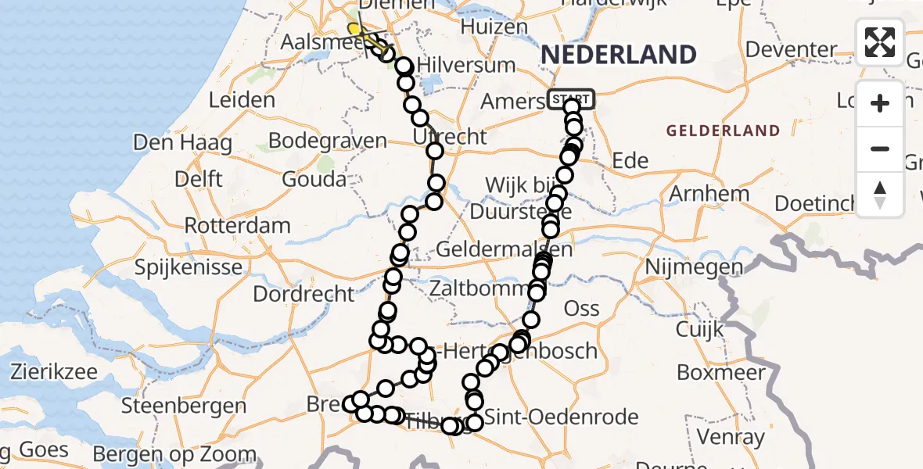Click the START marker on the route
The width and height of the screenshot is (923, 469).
(x=571, y=99)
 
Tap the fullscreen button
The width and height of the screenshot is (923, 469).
(x=880, y=42)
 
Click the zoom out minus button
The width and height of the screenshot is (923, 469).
(x=880, y=149)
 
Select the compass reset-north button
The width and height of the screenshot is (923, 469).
(x=880, y=195)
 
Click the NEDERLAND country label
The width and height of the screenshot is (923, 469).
(x=618, y=55)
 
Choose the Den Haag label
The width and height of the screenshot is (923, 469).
(x=182, y=143)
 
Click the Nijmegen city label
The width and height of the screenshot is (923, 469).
(x=693, y=267)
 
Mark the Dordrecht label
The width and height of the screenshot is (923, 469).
(x=303, y=295)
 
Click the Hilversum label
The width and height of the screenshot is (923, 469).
(x=466, y=64)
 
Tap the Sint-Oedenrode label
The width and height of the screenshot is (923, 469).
(x=562, y=417)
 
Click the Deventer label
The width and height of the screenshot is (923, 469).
(x=792, y=50)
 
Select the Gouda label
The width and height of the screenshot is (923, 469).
(x=315, y=179)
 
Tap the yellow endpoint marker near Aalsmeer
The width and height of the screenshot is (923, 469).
(x=354, y=30)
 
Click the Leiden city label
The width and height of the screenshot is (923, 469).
(x=242, y=100)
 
